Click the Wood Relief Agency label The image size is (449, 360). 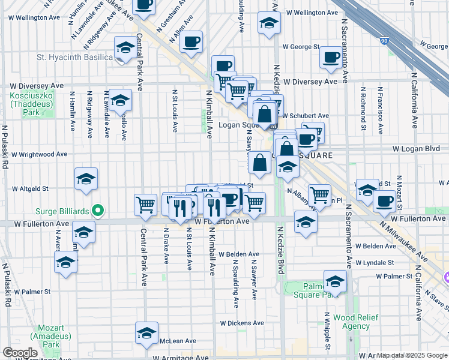click(x=351, y=322)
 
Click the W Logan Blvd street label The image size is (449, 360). click(x=417, y=148)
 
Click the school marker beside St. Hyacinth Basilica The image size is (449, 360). click(x=125, y=47)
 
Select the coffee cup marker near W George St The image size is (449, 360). click(x=331, y=58)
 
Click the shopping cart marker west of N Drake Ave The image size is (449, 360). click(x=146, y=205)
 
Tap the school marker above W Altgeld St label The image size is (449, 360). click(x=86, y=179)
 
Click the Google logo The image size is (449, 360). click(x=20, y=353)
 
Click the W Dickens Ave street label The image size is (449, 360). click(x=242, y=323)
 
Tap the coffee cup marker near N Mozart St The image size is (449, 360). click(x=384, y=202)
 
